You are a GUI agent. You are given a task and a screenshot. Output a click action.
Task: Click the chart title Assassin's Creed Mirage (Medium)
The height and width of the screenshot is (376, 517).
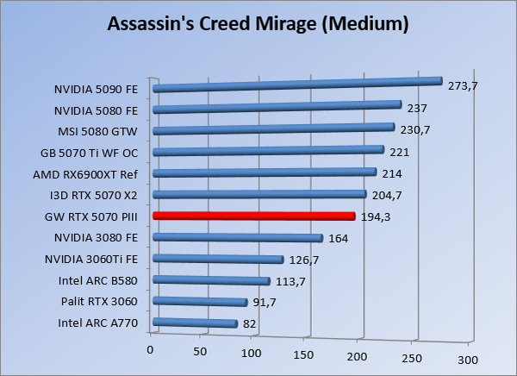[x=258, y=24]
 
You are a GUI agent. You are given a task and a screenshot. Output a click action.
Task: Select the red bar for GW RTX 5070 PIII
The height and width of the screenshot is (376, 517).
[x=253, y=216]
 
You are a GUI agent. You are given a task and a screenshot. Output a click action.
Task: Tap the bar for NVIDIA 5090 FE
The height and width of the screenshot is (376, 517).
[x=297, y=85]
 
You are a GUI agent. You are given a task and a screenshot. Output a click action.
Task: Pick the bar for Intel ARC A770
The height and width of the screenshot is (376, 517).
[x=195, y=323]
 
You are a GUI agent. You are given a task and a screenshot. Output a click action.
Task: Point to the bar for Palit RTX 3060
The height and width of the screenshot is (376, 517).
[x=200, y=302]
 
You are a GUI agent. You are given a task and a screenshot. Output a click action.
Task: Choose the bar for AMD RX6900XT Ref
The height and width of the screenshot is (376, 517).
[x=264, y=172]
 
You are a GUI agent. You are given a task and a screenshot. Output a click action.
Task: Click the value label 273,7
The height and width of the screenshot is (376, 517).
[x=463, y=85]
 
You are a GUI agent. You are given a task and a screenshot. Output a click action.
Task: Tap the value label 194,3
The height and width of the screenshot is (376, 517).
[x=376, y=217]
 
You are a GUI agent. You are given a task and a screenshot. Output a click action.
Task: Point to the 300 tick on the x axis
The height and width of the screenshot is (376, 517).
[x=466, y=358]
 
